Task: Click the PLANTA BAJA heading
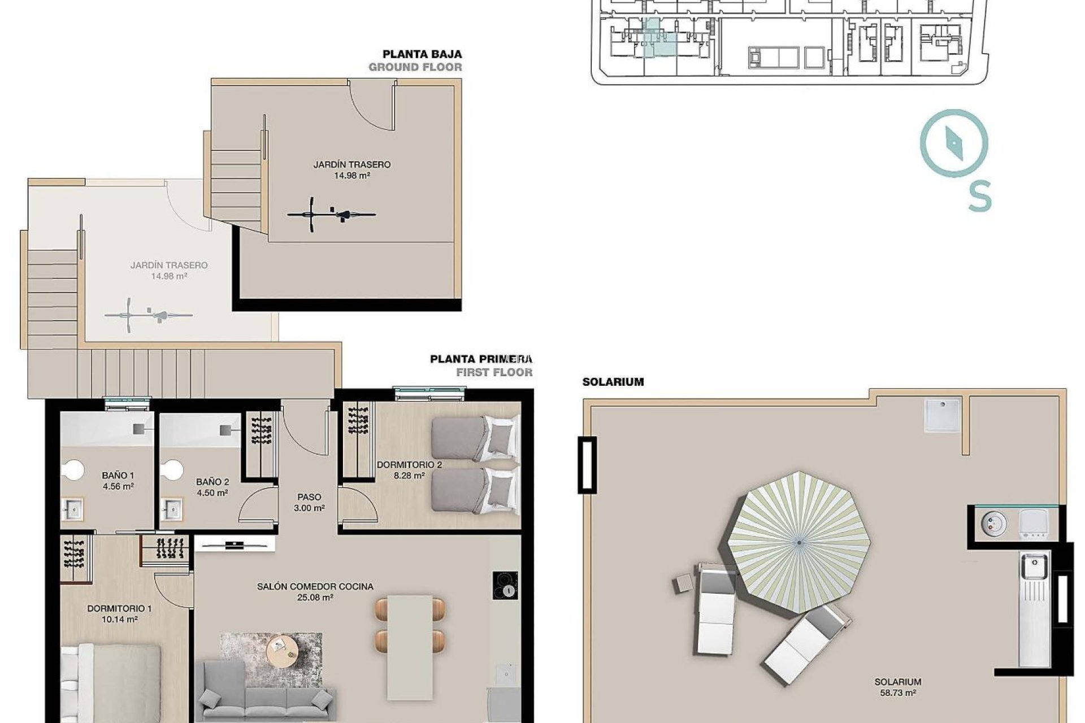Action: [x=422, y=54]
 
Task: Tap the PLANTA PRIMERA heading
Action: [x=481, y=359]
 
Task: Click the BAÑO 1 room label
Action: [x=118, y=481]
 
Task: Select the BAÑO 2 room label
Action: [x=212, y=487]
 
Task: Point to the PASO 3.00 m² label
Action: [x=309, y=502]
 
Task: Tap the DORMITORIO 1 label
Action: [x=119, y=613]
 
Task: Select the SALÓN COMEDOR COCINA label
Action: [x=315, y=591]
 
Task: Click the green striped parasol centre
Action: [x=799, y=543]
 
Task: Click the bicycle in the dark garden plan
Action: [x=331, y=215]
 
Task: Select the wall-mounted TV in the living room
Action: [x=235, y=545]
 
